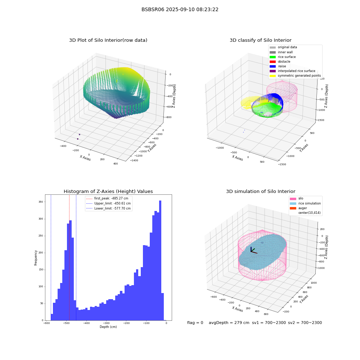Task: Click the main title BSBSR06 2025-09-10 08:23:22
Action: click(x=180, y=9)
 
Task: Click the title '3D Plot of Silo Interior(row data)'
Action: click(x=108, y=40)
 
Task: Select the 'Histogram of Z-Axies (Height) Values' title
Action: click(x=108, y=191)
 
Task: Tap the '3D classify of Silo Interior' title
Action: click(x=261, y=40)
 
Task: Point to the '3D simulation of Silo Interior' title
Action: click(x=261, y=191)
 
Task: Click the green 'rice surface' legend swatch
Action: click(x=273, y=57)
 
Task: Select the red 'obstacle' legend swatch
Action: click(x=273, y=62)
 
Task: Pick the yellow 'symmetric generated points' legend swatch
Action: click(x=273, y=76)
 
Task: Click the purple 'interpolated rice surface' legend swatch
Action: click(x=273, y=71)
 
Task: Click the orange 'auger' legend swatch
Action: click(x=293, y=208)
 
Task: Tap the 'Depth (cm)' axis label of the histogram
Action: click(x=108, y=327)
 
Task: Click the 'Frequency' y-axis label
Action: click(x=36, y=258)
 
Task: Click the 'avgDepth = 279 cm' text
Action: click(x=229, y=323)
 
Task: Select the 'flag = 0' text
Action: click(x=195, y=323)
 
